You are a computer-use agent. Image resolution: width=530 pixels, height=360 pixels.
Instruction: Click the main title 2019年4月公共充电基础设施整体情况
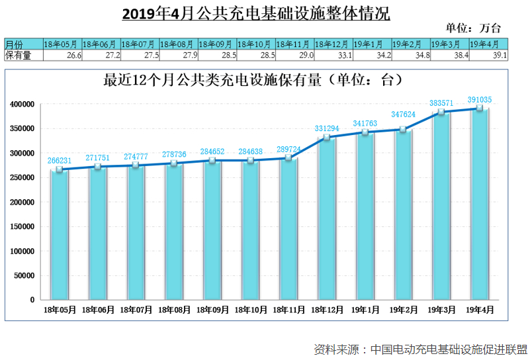pyautogui.click(x=257, y=13)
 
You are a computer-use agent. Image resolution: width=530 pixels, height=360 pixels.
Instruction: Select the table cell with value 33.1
pyautogui.click(x=333, y=56)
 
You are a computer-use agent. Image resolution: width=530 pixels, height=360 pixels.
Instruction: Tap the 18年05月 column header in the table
pyautogui.click(x=62, y=44)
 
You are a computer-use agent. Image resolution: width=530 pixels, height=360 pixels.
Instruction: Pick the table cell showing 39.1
pyautogui.click(x=488, y=56)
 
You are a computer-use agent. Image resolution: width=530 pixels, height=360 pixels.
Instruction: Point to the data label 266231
pyautogui.click(x=60, y=161)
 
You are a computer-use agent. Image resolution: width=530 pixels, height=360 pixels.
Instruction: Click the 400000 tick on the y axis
pyautogui.click(x=22, y=105)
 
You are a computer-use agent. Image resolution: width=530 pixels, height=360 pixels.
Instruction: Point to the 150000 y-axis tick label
pyautogui.click(x=22, y=227)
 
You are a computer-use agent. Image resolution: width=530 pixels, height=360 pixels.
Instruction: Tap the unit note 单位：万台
pyautogui.click(x=474, y=28)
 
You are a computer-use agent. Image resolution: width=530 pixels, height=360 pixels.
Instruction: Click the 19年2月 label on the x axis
pyautogui.click(x=403, y=309)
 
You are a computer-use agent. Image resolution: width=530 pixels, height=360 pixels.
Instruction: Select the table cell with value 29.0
pyautogui.click(x=295, y=56)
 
